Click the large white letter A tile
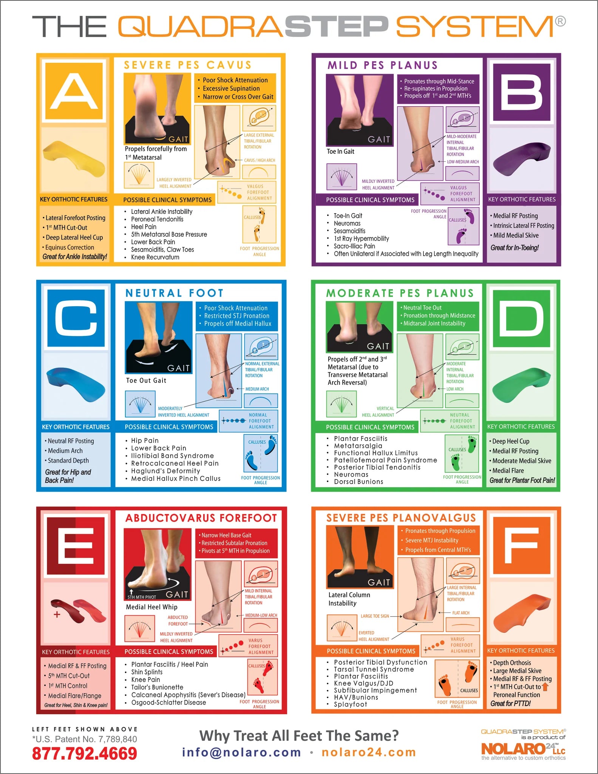pos(74,91)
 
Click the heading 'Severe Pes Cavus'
pos(188,65)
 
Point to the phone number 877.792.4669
pos(84,753)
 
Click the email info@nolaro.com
pos(241,752)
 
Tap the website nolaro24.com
pos(369,752)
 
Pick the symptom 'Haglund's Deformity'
pos(165,471)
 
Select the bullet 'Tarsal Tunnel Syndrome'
pos(374,669)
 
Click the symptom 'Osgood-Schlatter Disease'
pos(168,703)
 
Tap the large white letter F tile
pos(521,545)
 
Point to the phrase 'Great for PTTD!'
pos(510,703)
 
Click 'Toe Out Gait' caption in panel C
pos(146,381)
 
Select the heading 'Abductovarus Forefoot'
pos(201,518)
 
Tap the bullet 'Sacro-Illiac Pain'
pos(354,246)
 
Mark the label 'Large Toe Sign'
pos(375,616)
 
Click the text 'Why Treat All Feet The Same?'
pos(299,735)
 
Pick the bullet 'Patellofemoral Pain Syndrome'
pos(385,460)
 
